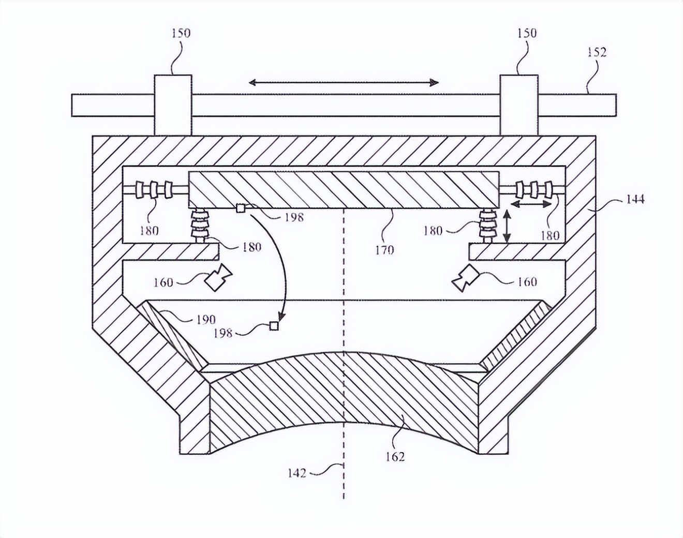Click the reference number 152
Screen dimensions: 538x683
pyautogui.click(x=597, y=52)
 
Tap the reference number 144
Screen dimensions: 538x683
pyautogui.click(x=634, y=199)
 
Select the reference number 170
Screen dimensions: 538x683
pyautogui.click(x=384, y=250)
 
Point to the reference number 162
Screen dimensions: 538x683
pyautogui.click(x=395, y=456)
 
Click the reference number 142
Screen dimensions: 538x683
pyautogui.click(x=297, y=472)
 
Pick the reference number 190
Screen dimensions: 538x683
pyautogui.click(x=205, y=319)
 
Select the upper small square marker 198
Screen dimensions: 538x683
pyautogui.click(x=240, y=208)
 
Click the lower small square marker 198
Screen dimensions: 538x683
pyautogui.click(x=274, y=326)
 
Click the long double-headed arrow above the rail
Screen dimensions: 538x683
pyautogui.click(x=344, y=82)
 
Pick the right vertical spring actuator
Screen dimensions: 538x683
pyautogui.click(x=487, y=226)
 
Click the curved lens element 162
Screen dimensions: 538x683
pyautogui.click(x=344, y=398)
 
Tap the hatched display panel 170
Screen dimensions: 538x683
pyautogui.click(x=344, y=188)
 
